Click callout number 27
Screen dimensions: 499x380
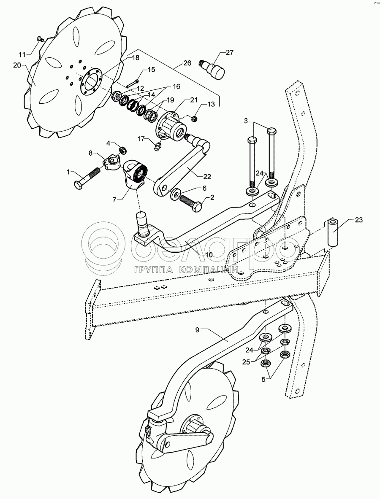tap(229, 53)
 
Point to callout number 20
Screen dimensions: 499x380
tap(17, 65)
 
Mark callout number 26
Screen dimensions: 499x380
tap(187, 63)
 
